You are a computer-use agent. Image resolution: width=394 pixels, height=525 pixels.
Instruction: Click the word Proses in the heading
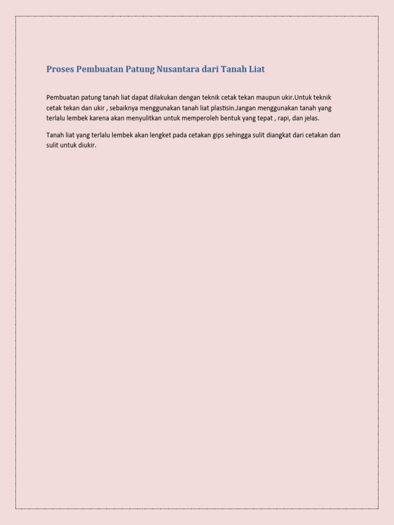coord(60,69)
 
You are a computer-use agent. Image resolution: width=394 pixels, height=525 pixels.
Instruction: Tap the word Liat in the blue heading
coord(256,69)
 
